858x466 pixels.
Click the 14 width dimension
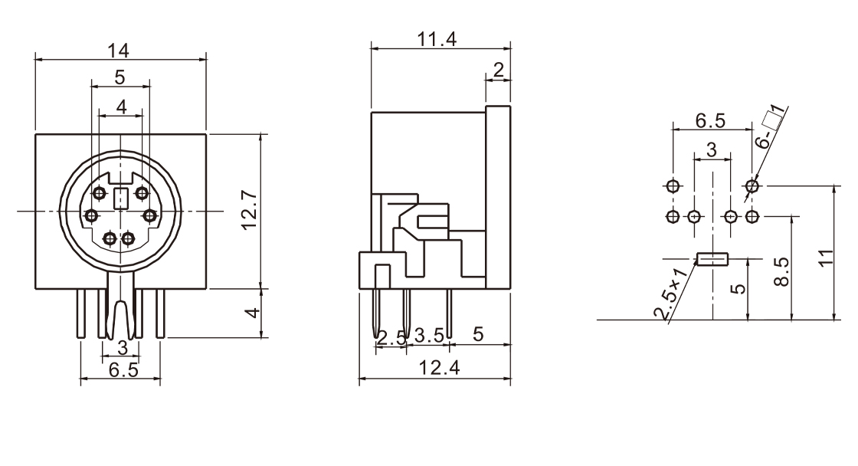(118, 51)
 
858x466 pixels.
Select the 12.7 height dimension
(250, 210)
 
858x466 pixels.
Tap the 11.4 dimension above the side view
(437, 39)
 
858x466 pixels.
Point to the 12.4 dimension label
(439, 367)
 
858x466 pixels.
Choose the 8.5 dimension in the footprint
(782, 271)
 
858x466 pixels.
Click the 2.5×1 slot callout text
(670, 294)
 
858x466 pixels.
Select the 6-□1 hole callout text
(771, 127)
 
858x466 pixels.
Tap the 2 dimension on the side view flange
(498, 70)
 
